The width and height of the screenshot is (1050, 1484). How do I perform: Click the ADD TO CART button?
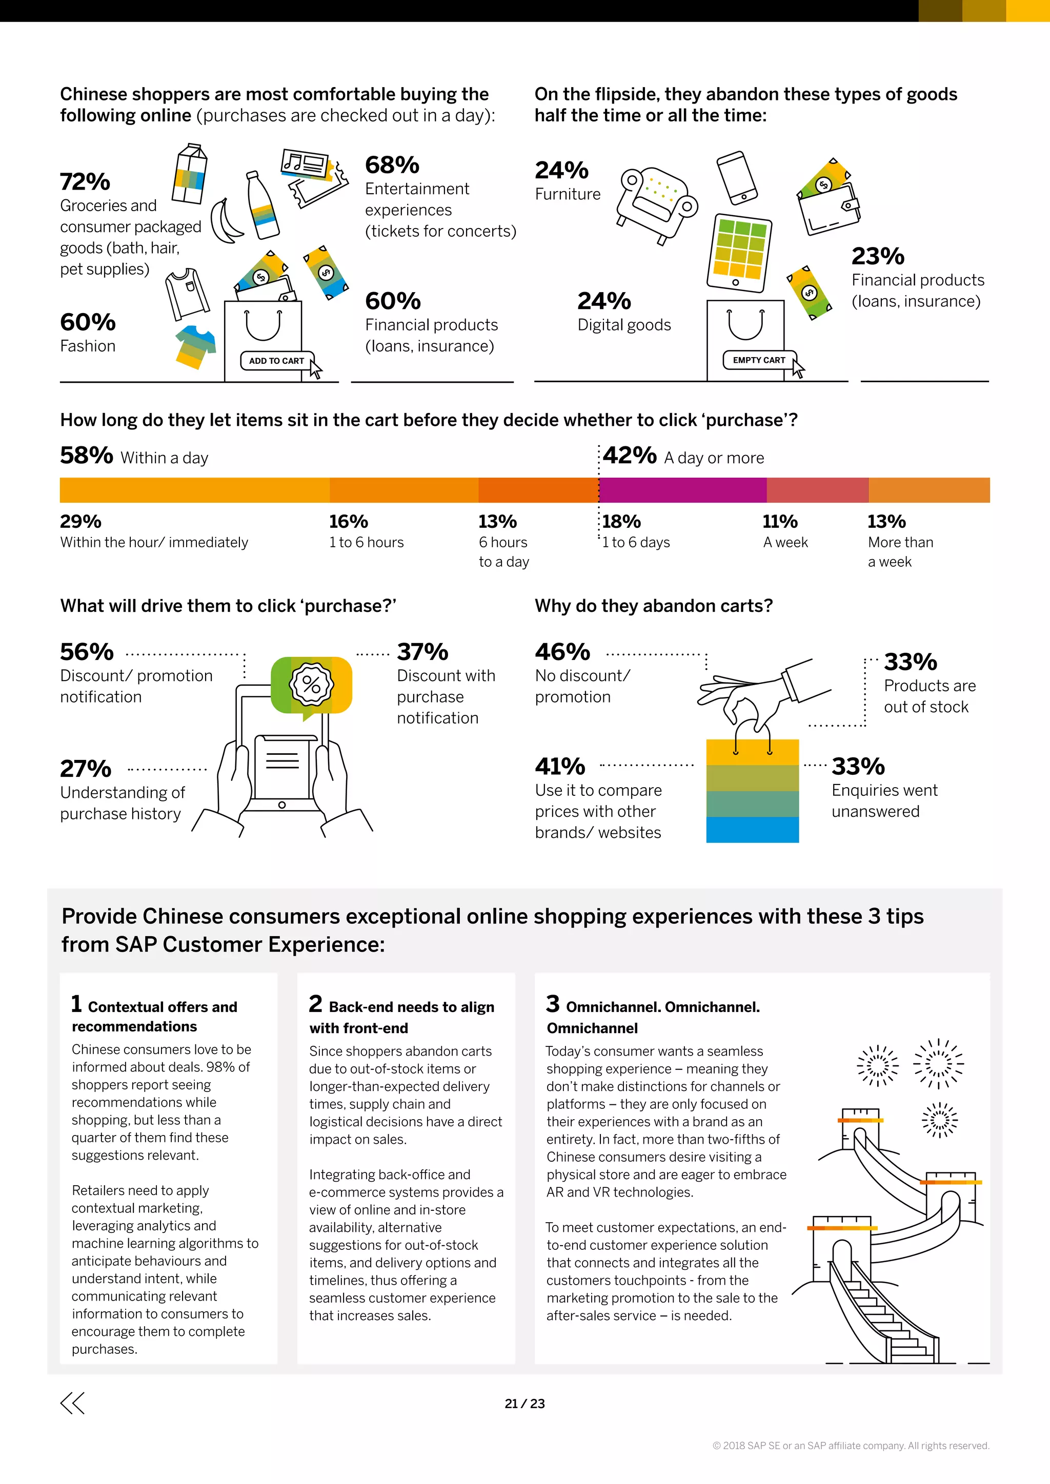coord(277,361)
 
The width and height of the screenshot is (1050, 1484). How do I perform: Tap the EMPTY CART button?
coord(758,360)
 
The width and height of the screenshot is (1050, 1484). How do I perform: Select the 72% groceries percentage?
coord(85,181)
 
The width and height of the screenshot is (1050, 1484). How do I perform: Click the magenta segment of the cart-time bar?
coord(683,490)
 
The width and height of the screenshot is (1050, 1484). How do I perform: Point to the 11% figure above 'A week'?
coord(780,521)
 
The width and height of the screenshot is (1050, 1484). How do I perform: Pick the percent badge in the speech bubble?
coord(311,684)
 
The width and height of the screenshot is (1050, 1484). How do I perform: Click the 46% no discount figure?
coord(562,651)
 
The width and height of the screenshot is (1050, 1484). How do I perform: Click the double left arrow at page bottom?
coord(72,1403)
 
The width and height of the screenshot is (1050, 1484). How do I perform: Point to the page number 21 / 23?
coord(524,1403)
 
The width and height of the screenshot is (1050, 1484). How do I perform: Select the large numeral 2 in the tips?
coord(315,1003)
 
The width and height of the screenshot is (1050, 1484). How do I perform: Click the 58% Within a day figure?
coord(87,455)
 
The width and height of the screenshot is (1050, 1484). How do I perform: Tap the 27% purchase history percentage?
coord(85,769)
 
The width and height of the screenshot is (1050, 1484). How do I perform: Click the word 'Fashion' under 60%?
coord(88,346)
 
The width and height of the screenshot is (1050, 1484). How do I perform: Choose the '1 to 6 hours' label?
coord(366,542)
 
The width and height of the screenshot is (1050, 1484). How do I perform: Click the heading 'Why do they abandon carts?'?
coord(653,606)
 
